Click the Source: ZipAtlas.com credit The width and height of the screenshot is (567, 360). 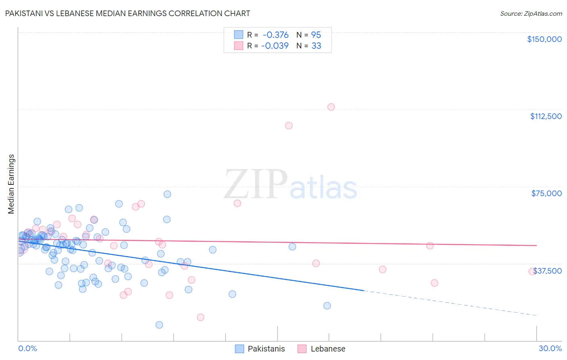(x=531, y=13)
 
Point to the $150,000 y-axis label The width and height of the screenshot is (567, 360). (x=544, y=39)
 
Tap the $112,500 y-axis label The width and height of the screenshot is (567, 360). (x=546, y=116)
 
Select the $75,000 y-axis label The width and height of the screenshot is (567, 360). (x=546, y=193)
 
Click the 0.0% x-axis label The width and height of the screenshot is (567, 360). (x=27, y=348)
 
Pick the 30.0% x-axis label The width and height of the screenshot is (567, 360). (x=550, y=348)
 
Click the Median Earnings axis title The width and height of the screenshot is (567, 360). (x=11, y=184)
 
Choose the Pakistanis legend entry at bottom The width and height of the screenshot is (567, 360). (x=260, y=349)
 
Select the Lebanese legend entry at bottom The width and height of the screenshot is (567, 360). (x=321, y=349)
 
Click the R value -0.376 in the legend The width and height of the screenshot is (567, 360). (x=275, y=35)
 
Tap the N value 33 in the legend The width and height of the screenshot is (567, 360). (x=316, y=46)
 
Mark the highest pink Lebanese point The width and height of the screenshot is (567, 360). (x=331, y=107)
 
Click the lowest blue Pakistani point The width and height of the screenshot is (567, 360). (x=159, y=325)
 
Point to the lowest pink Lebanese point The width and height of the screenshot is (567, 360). (x=200, y=317)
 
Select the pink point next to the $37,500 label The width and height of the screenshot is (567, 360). (x=532, y=272)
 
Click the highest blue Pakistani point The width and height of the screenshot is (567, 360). (x=167, y=194)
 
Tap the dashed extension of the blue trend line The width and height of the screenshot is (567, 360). (x=452, y=303)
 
